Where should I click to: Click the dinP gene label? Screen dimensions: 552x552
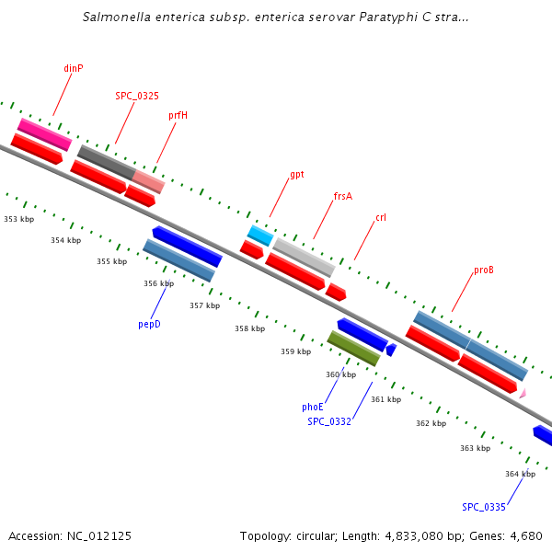coord(74,68)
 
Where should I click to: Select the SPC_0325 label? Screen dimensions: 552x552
coord(136,95)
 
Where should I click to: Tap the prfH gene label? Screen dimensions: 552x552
coord(178,115)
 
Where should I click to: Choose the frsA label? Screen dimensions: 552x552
coord(342,196)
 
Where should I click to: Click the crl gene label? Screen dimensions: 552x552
coord(381,218)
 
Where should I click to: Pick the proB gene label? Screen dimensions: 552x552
coord(484,270)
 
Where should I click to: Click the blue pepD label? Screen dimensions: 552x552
coord(149,324)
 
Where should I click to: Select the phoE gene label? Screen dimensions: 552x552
coord(313,407)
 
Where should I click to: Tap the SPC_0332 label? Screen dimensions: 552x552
coord(329,421)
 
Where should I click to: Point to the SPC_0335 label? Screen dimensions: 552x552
coord(484,507)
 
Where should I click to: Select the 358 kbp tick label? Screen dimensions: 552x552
coord(249,328)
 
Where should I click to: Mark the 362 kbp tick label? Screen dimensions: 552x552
coord(431,423)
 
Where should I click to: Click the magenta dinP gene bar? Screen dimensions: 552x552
coord(44,134)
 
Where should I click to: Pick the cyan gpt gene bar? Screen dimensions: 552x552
coord(260,235)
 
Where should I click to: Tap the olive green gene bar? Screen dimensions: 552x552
coord(353,348)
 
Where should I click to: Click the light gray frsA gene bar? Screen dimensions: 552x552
coord(304,257)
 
